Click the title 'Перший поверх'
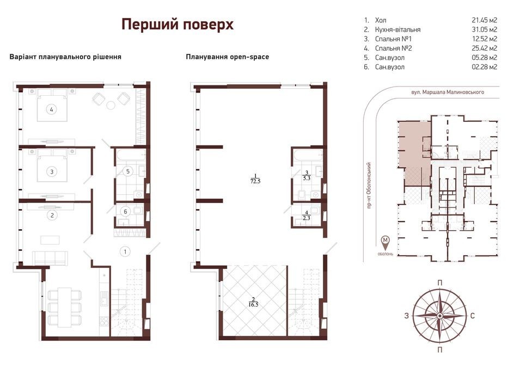pos(177,24)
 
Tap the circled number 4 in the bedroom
pos(51,109)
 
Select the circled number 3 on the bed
pos(52,171)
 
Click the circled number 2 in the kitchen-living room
pos(52,215)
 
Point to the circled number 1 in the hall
pos(125,251)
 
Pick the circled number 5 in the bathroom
pos(128,171)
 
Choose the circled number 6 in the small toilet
pos(126,212)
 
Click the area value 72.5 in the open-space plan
pos(255,181)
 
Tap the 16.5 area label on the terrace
pos(253,305)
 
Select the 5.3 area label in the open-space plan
pos(307,178)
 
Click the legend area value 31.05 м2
pos(485,29)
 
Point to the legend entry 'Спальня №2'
pos(393,48)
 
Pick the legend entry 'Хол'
pos(381,20)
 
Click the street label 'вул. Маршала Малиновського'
pos(448,92)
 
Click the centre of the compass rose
pos(439,316)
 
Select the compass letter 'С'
pos(473,316)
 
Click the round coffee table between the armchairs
pos(111,105)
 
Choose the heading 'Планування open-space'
pos(228,57)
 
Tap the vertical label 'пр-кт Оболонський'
pos(369,186)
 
